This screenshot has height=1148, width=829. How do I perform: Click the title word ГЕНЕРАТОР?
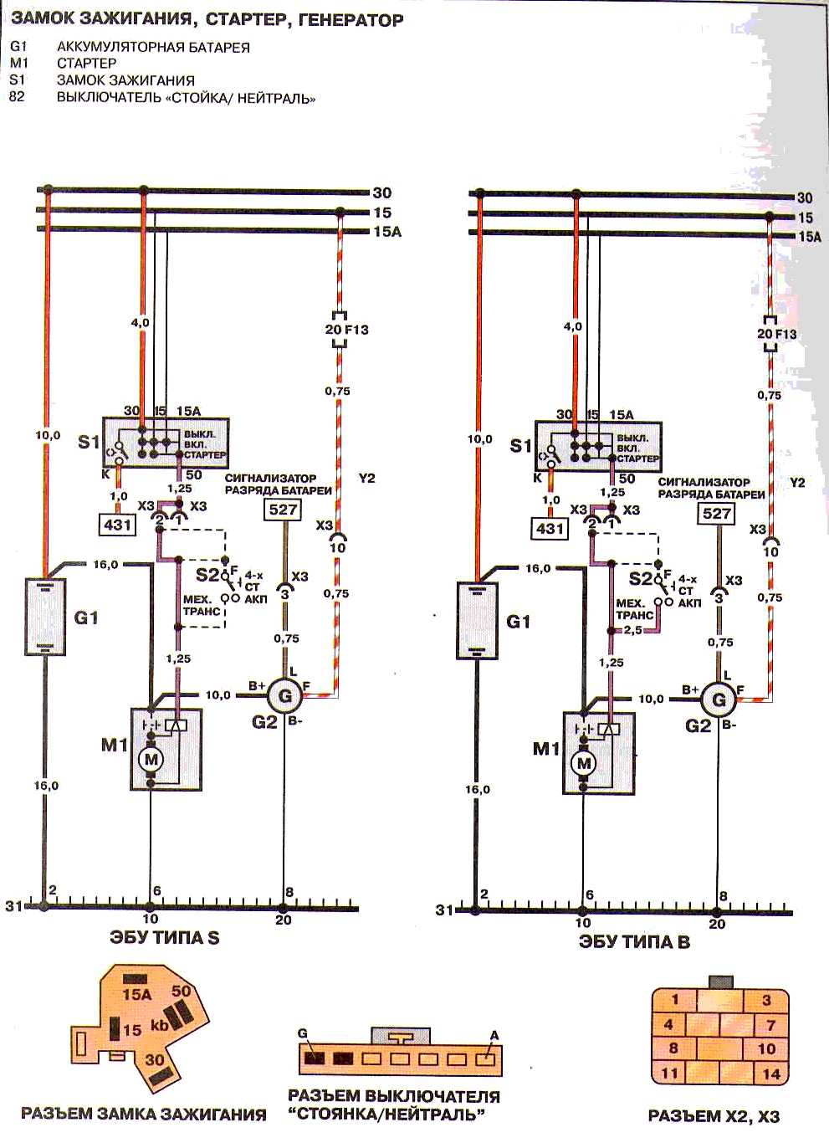point(351,19)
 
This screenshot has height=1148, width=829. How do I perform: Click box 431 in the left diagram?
point(116,525)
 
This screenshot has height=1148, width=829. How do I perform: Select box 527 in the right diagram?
point(717,513)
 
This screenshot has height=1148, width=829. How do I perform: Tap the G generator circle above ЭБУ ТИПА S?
point(284,694)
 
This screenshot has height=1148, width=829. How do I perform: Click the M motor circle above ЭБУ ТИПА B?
point(584,763)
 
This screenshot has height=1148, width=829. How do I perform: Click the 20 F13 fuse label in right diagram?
point(777,334)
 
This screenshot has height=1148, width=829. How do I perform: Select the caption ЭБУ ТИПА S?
point(165,937)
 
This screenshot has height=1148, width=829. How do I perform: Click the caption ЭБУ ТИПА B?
point(634,942)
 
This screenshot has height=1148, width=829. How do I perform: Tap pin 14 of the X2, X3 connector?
point(770,1074)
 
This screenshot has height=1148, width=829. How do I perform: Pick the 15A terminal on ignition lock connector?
point(136,994)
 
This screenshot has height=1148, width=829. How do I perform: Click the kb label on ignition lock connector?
point(159,1025)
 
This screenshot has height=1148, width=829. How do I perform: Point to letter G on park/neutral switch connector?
point(303,1034)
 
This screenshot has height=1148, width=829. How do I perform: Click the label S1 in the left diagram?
point(89,441)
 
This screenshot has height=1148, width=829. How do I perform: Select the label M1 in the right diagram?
point(545,749)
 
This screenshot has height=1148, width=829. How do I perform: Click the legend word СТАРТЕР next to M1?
point(86,63)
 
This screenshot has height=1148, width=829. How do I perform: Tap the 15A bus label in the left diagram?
point(386,232)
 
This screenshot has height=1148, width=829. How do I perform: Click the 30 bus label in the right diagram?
point(804,197)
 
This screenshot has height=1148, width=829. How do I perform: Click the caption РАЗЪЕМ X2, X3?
point(714,1115)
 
